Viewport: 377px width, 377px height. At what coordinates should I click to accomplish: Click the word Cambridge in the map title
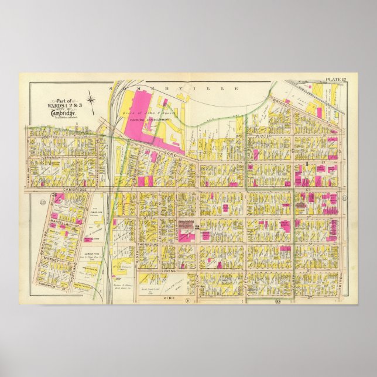(x=60, y=112)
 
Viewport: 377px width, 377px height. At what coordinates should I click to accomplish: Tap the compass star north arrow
(x=92, y=100)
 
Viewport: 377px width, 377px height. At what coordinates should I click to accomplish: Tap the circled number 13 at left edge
(x=42, y=202)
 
